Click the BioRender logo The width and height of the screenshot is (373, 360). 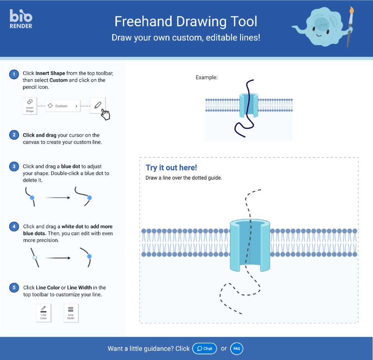(x=21, y=19)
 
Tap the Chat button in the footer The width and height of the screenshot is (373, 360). (x=205, y=349)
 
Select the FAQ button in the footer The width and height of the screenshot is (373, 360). (x=236, y=349)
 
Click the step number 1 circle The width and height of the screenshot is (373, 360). (x=14, y=74)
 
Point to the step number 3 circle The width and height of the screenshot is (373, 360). (x=14, y=167)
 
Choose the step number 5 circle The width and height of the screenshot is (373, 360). (x=14, y=288)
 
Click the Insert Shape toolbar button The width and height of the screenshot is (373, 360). (x=30, y=106)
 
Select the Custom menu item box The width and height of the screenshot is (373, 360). (x=63, y=106)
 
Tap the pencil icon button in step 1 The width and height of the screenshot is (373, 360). (x=98, y=105)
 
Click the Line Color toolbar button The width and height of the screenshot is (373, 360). (x=43, y=313)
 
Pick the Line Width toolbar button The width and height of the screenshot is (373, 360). (x=71, y=313)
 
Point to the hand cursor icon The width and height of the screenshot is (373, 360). (x=106, y=114)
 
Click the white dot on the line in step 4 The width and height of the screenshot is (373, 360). (x=34, y=257)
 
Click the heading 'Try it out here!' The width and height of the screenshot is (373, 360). (x=171, y=168)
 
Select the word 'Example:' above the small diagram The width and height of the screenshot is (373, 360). (x=206, y=78)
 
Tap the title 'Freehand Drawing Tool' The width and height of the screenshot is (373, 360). (x=186, y=21)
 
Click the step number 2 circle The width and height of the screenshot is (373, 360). (x=14, y=135)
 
